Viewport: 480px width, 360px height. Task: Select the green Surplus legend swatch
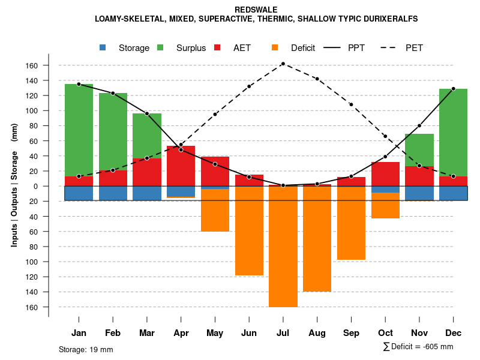[160, 47]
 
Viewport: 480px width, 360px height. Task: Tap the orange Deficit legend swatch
[275, 47]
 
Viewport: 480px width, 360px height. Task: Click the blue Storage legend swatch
[103, 47]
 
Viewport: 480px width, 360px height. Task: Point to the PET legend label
[414, 48]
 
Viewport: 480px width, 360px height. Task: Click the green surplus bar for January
[79, 130]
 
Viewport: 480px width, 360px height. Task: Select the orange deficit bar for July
[283, 246]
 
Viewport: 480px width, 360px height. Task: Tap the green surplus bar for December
[453, 132]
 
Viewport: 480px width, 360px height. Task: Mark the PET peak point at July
[283, 64]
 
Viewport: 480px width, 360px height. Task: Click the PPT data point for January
[79, 84]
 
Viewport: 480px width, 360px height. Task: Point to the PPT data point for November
[419, 125]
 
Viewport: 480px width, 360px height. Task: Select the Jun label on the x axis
[249, 333]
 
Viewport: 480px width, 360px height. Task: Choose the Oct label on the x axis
[385, 333]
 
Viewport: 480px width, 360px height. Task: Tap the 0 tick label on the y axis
[36, 186]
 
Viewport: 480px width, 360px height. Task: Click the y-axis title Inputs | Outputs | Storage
[14, 186]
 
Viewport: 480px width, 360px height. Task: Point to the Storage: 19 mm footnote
[86, 349]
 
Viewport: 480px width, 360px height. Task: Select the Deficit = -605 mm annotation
[418, 346]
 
